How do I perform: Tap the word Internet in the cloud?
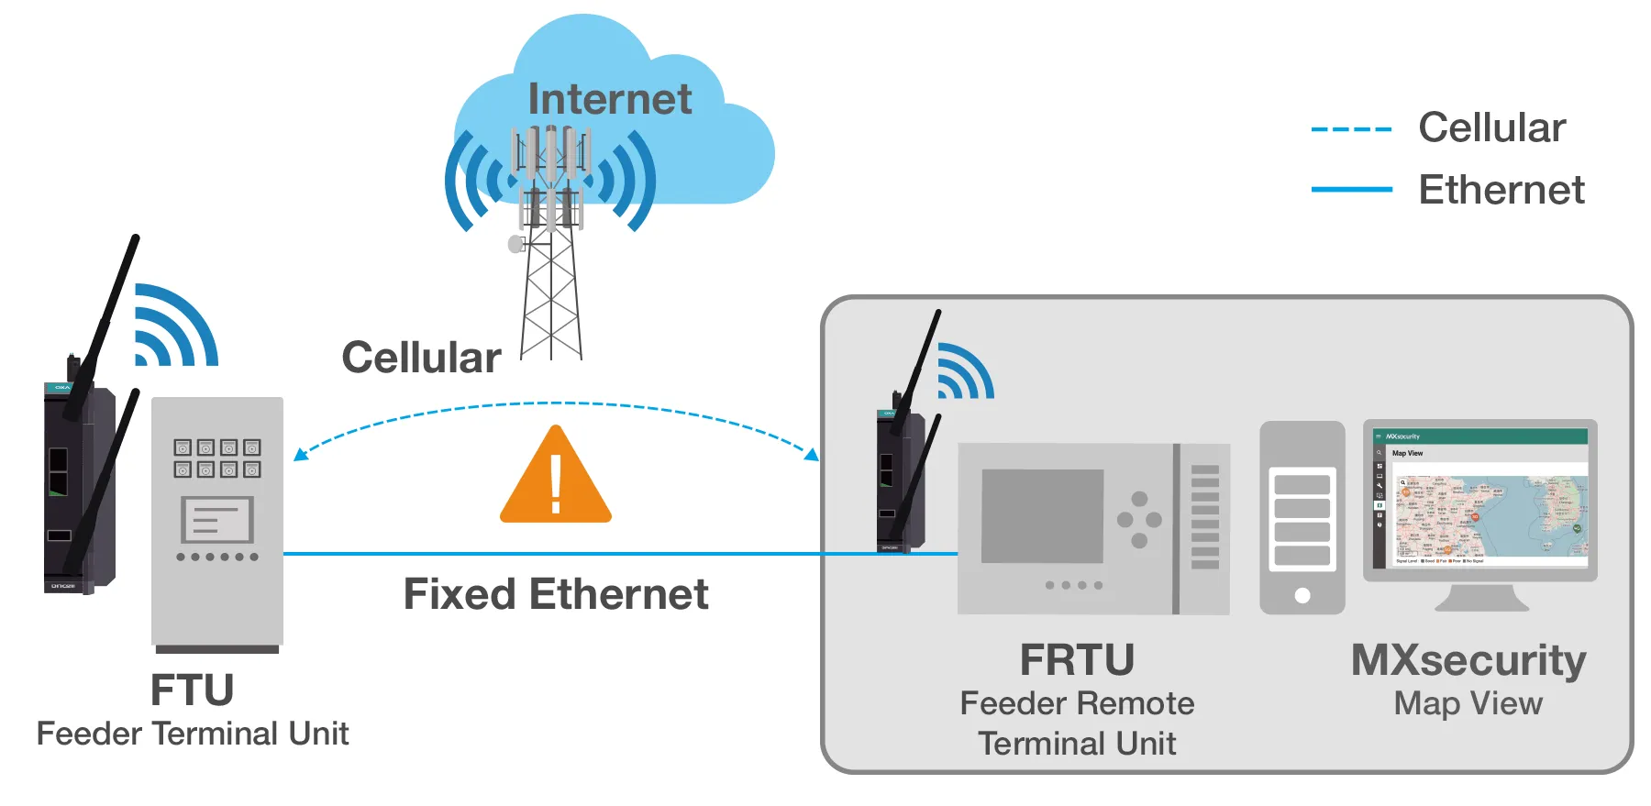click(610, 99)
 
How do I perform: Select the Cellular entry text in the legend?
click(1491, 127)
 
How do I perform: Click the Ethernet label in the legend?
click(1501, 190)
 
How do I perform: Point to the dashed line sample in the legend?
click(1351, 129)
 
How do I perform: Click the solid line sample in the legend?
click(1351, 190)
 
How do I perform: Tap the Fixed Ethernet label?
click(556, 594)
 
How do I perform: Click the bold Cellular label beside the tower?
click(421, 358)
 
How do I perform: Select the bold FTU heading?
click(192, 690)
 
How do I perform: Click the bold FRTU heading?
click(1077, 660)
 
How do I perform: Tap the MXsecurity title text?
click(1468, 660)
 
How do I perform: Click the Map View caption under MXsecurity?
click(1468, 703)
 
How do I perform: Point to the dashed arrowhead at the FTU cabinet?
click(300, 454)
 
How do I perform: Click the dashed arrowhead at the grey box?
click(812, 454)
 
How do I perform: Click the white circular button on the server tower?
click(1302, 595)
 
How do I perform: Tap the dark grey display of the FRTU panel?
click(1042, 516)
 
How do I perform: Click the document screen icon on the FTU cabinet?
click(217, 520)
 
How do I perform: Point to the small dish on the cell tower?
click(515, 244)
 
